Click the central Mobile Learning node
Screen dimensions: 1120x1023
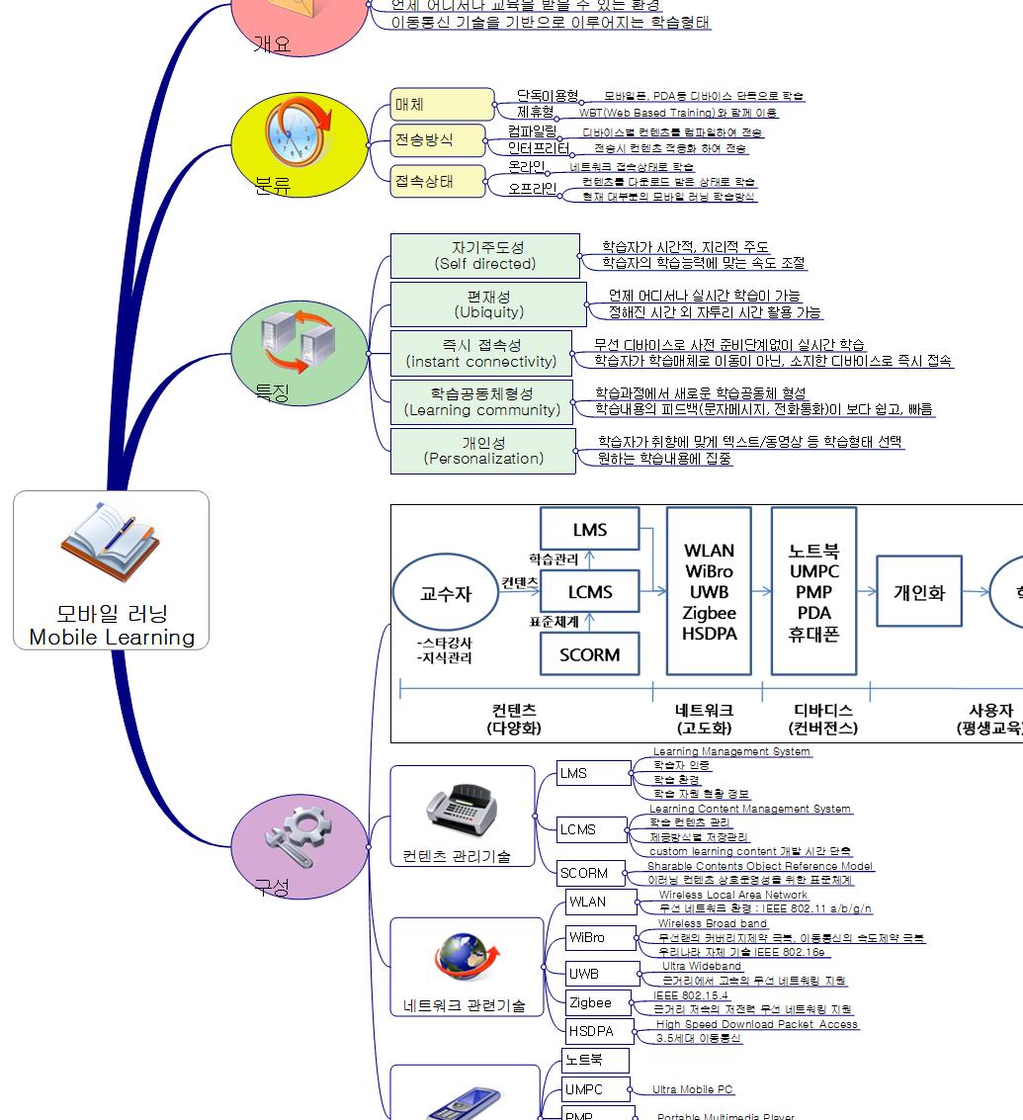112,570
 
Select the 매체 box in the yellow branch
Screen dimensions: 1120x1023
442,104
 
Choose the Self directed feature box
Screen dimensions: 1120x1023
484,256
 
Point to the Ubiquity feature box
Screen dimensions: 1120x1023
488,304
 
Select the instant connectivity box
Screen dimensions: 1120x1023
481,353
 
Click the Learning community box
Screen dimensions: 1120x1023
481,401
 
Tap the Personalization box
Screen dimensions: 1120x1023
482,450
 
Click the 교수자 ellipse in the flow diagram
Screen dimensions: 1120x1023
446,594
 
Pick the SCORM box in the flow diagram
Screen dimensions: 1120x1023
589,654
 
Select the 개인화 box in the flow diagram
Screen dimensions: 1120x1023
919,593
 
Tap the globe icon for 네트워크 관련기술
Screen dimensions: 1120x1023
463,958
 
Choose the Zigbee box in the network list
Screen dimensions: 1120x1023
590,1002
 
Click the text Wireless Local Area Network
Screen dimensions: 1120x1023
733,895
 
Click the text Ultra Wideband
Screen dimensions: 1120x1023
701,966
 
